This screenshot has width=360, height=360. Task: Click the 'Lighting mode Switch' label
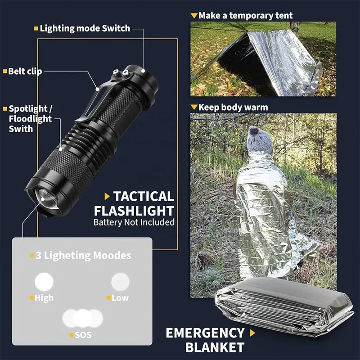pyautogui.click(x=85, y=28)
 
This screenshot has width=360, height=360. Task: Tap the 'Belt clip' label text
pyautogui.click(x=25, y=71)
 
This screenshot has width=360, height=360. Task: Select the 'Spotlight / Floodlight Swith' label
pyautogui.click(x=30, y=119)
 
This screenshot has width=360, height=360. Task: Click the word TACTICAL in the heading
pyautogui.click(x=143, y=196)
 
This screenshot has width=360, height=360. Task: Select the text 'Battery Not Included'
pyautogui.click(x=134, y=222)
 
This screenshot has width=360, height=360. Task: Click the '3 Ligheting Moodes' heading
pyautogui.click(x=83, y=256)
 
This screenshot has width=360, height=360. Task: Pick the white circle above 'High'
pyautogui.click(x=44, y=282)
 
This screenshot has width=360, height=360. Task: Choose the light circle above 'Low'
pyautogui.click(x=120, y=282)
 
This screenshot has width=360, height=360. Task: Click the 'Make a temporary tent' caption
pyautogui.click(x=245, y=16)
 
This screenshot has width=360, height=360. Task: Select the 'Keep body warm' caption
pyautogui.click(x=233, y=107)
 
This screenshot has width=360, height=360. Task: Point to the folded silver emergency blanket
pyautogui.click(x=283, y=310)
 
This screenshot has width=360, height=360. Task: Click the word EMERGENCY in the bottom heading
pyautogui.click(x=205, y=333)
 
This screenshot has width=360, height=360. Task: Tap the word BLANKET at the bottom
pyautogui.click(x=215, y=347)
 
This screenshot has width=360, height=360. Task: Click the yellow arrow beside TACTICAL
pyautogui.click(x=107, y=196)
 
